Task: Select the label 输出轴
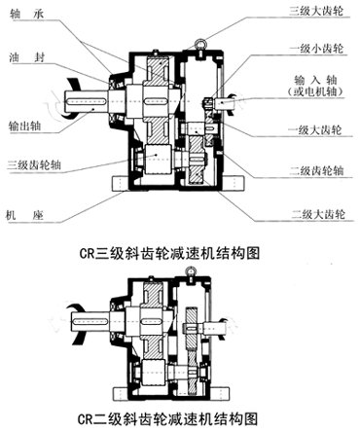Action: pos(25,126)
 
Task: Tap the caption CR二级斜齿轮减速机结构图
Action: pos(179,418)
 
